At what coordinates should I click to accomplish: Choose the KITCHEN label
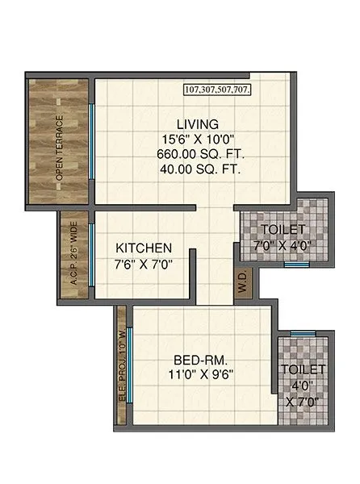(x=144, y=247)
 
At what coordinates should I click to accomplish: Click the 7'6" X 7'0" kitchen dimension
(x=144, y=263)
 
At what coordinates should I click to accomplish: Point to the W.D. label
(x=245, y=283)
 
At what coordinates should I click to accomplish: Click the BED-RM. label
(x=198, y=360)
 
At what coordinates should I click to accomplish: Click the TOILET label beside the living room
(x=283, y=228)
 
